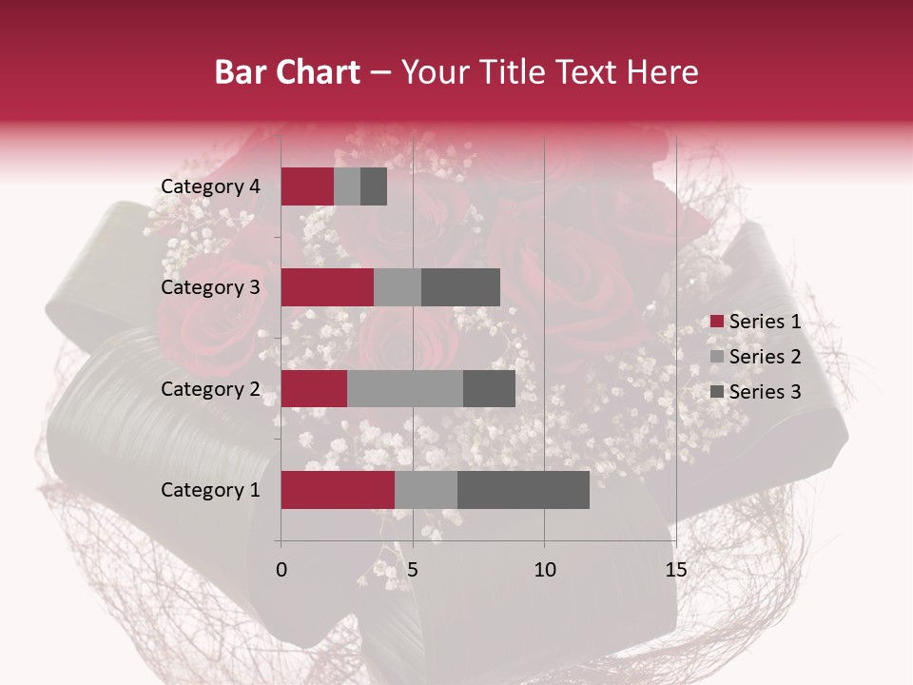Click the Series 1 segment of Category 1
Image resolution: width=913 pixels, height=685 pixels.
[x=338, y=490]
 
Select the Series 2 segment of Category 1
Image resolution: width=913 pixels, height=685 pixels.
[x=426, y=490]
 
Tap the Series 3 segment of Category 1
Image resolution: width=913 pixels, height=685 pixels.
[x=523, y=490]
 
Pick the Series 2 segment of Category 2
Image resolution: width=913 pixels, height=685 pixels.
[x=405, y=388]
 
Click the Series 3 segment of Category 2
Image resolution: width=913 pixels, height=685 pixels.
[x=489, y=388]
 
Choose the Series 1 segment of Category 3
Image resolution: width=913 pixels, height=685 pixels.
[x=327, y=287]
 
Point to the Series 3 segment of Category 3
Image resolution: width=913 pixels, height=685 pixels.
[x=460, y=287]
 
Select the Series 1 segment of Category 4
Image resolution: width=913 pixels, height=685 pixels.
[x=307, y=186]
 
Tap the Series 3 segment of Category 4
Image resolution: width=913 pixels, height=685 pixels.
[x=374, y=186]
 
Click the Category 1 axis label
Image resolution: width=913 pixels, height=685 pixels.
[x=210, y=490]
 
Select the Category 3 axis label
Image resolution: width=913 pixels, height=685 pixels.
[x=210, y=287]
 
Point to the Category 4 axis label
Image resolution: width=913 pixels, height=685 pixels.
[x=210, y=186]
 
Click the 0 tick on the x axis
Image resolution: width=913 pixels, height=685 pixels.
[x=282, y=570]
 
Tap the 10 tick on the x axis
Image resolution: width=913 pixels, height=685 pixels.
[x=544, y=570]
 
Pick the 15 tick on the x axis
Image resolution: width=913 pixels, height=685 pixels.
[x=675, y=570]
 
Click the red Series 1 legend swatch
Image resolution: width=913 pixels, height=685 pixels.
[x=716, y=322]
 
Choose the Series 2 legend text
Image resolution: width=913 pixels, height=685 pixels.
[x=765, y=357]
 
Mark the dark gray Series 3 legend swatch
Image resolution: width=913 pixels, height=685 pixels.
[x=716, y=392]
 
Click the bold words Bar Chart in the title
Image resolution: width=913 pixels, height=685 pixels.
[x=287, y=72]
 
